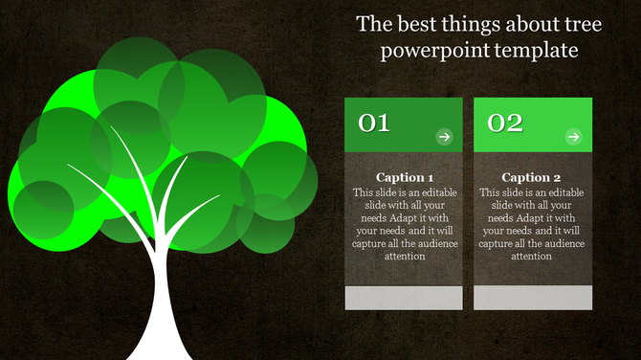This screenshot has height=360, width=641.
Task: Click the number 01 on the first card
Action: pyautogui.click(x=374, y=124)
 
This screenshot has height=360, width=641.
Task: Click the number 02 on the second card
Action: pyautogui.click(x=504, y=124)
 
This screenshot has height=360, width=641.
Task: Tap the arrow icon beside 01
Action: pyautogui.click(x=444, y=137)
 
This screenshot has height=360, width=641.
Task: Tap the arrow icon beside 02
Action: pyautogui.click(x=573, y=137)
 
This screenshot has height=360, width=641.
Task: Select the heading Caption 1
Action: pyautogui.click(x=405, y=178)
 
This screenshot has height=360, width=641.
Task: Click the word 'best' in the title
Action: pyautogui.click(x=413, y=24)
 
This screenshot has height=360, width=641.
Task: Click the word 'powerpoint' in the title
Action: pyautogui.click(x=428, y=50)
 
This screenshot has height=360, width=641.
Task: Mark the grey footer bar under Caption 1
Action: pyautogui.click(x=403, y=297)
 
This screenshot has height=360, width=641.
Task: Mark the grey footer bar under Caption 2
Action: pyautogui.click(x=533, y=297)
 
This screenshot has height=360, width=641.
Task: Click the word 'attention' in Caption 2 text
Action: pyautogui.click(x=532, y=256)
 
